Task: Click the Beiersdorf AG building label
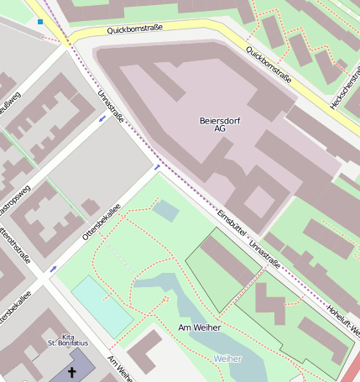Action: (x=219, y=124)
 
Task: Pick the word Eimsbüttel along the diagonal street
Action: (x=230, y=222)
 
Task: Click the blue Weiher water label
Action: (x=227, y=358)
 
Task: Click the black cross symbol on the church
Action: (x=71, y=371)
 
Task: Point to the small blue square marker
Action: (x=39, y=21)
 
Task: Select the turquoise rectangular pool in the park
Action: (x=101, y=306)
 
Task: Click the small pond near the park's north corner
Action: (x=165, y=210)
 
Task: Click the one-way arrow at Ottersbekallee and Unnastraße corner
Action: (x=157, y=167)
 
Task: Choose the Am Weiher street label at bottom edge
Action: (x=119, y=369)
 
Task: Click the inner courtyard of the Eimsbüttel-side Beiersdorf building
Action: (x=258, y=201)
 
